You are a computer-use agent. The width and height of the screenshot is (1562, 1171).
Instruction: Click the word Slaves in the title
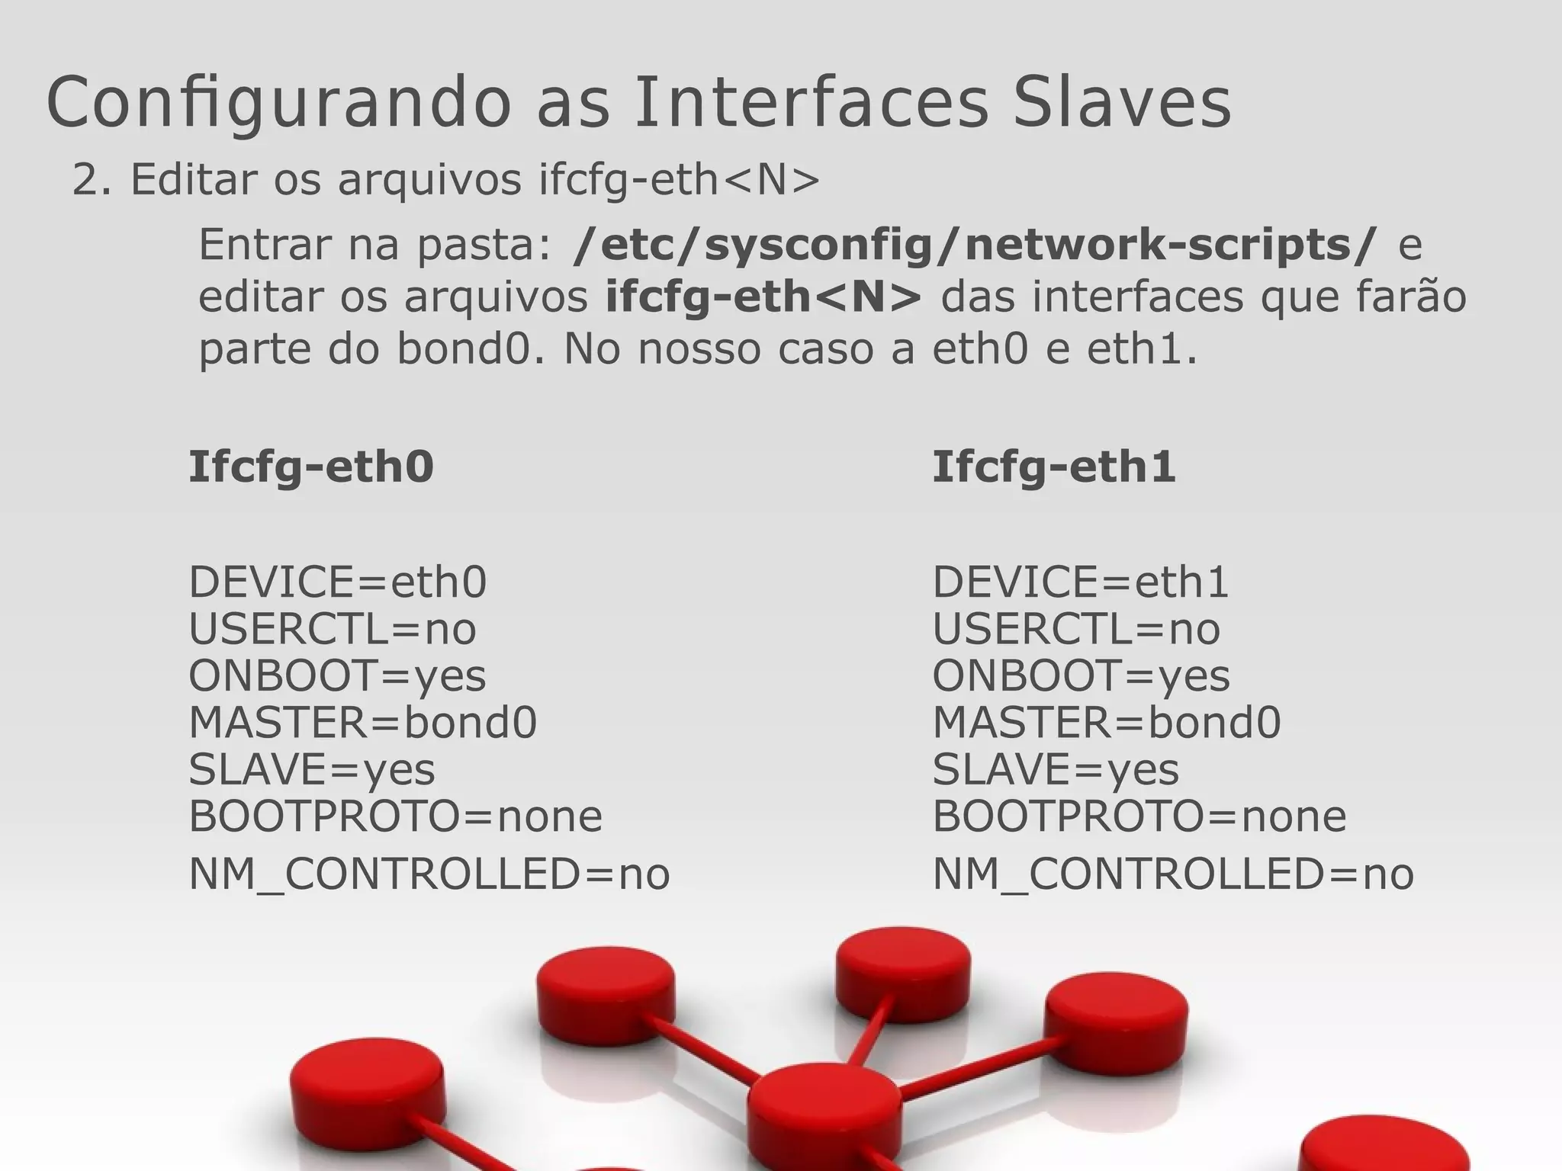coord(1121,103)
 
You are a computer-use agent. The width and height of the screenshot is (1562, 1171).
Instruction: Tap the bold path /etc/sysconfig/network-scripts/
coord(975,245)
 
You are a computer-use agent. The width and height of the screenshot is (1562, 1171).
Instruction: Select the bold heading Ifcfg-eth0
coord(311,467)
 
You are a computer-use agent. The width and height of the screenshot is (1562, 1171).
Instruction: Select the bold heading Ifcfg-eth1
coord(1054,467)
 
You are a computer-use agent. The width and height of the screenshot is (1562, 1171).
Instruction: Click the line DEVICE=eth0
coord(337,582)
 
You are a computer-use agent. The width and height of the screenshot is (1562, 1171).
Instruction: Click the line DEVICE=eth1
coord(1081,582)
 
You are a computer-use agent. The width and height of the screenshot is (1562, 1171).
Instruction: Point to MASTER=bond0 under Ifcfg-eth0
coord(363,722)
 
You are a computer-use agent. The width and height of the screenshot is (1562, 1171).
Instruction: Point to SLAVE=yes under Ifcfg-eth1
coord(1056,769)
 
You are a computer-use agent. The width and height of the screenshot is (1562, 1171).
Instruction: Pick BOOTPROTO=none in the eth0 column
coord(395,816)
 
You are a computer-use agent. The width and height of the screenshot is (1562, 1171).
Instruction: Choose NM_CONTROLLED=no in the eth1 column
coord(1173,874)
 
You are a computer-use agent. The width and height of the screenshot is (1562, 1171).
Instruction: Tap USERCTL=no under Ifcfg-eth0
coord(333,630)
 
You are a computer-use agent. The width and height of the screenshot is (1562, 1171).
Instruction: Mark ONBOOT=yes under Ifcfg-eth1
coord(1081,676)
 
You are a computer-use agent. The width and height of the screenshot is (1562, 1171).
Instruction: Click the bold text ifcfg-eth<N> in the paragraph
coord(763,297)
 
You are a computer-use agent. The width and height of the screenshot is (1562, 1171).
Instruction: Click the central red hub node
coord(824,1105)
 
